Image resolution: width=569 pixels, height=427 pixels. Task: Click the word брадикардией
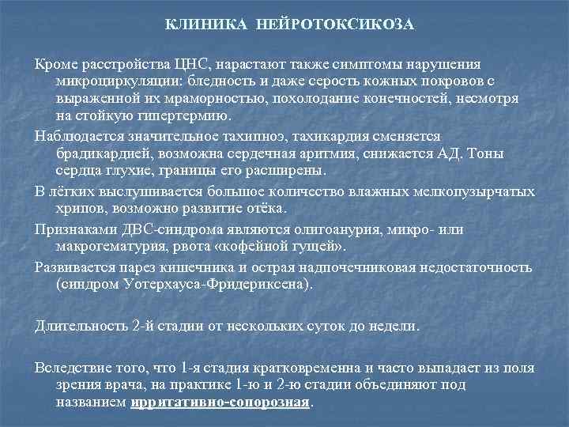click(102, 153)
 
